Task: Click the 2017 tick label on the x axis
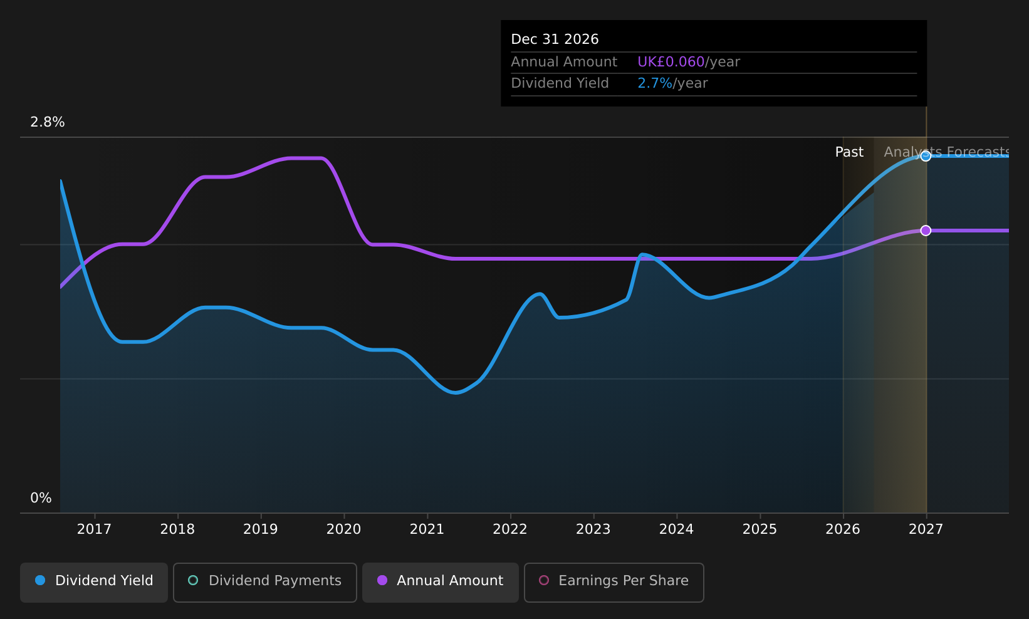coord(94,529)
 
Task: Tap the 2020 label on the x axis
coord(343,529)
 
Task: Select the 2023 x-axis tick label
coord(593,529)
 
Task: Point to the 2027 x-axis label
coord(926,529)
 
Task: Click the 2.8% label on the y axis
coord(48,122)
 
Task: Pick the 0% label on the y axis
coord(41,498)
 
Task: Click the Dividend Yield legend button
coord(94,582)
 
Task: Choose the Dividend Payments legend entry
coord(264,582)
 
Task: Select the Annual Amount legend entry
coord(440,582)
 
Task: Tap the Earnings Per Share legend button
coord(614,582)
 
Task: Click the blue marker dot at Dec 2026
coord(926,156)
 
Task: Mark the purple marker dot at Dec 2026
coord(926,231)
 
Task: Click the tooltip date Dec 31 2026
coord(555,39)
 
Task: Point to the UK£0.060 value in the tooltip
coord(671,61)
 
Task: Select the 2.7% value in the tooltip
coord(655,83)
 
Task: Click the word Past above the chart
coord(849,152)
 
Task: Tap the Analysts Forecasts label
coord(946,152)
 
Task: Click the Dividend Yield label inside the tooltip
coord(560,83)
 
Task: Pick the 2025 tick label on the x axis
coord(760,529)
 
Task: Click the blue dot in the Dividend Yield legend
coord(41,580)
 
